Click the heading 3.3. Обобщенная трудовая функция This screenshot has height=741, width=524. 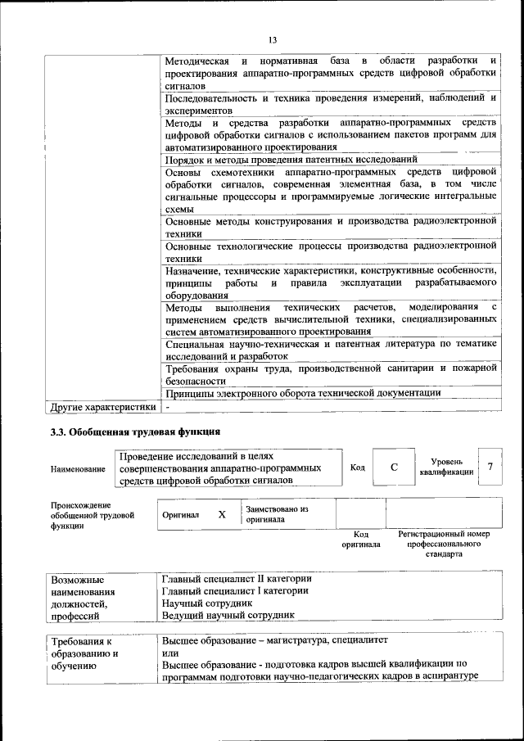tap(135, 431)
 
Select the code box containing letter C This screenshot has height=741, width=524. tap(394, 467)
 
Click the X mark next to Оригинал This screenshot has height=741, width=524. tap(221, 514)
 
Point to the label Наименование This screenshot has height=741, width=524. tap(78, 468)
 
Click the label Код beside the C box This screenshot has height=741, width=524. tap(358, 467)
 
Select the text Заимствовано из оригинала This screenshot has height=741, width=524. tap(277, 514)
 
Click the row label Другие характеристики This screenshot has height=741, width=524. tap(102, 406)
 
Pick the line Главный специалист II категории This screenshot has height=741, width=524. tap(237, 579)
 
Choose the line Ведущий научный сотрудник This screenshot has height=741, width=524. tap(228, 615)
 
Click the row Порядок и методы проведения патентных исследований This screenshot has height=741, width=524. tap(291, 160)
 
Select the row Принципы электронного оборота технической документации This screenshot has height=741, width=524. tap(303, 393)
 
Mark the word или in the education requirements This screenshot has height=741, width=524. tap(169, 653)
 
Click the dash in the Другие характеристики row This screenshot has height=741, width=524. tap(167, 406)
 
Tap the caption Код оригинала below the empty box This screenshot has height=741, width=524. tap(360, 539)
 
